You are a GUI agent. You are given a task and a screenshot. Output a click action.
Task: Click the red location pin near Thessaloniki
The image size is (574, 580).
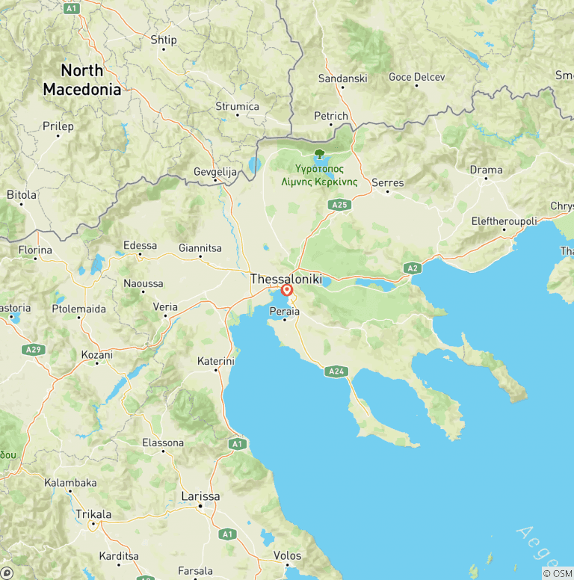(x=286, y=291)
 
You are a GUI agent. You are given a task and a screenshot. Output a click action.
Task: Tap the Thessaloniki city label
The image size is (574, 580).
(x=286, y=279)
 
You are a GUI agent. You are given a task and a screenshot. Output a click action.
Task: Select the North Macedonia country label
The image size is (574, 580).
(x=81, y=80)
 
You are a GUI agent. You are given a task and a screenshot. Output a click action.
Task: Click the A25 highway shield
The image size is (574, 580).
(x=340, y=204)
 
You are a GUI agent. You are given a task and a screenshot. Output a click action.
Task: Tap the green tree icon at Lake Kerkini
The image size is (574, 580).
(x=319, y=154)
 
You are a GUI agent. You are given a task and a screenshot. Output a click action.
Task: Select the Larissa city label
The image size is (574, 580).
(x=201, y=496)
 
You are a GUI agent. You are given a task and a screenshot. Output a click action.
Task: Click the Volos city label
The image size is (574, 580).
(x=288, y=555)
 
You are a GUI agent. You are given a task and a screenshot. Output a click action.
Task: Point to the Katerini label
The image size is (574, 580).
(x=216, y=361)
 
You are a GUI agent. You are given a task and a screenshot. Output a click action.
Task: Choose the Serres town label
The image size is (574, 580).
(x=387, y=183)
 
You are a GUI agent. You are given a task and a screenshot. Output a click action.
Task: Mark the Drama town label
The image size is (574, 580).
(x=486, y=170)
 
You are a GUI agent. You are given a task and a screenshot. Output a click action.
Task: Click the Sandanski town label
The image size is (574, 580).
(x=342, y=78)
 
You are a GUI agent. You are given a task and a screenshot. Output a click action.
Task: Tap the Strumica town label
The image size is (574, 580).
(x=237, y=106)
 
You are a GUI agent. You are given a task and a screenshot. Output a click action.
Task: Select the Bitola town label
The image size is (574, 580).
(x=22, y=194)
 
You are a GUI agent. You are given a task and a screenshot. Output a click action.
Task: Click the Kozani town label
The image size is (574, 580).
(x=96, y=355)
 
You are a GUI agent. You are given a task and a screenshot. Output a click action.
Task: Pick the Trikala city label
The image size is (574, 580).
(x=93, y=514)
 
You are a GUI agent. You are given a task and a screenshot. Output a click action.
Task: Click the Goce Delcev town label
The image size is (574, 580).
(x=416, y=77)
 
